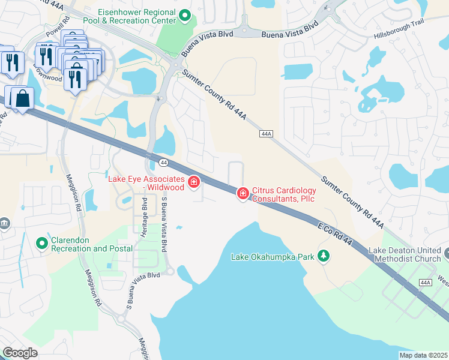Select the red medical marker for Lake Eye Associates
(194, 181)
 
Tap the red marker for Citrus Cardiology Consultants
(243, 193)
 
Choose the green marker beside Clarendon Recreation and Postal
(42, 244)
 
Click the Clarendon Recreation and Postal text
(83, 244)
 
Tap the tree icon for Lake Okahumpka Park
(324, 256)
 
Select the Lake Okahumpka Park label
(273, 257)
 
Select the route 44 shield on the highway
(163, 163)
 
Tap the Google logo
(20, 353)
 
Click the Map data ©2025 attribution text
(423, 355)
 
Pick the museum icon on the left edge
(5, 224)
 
